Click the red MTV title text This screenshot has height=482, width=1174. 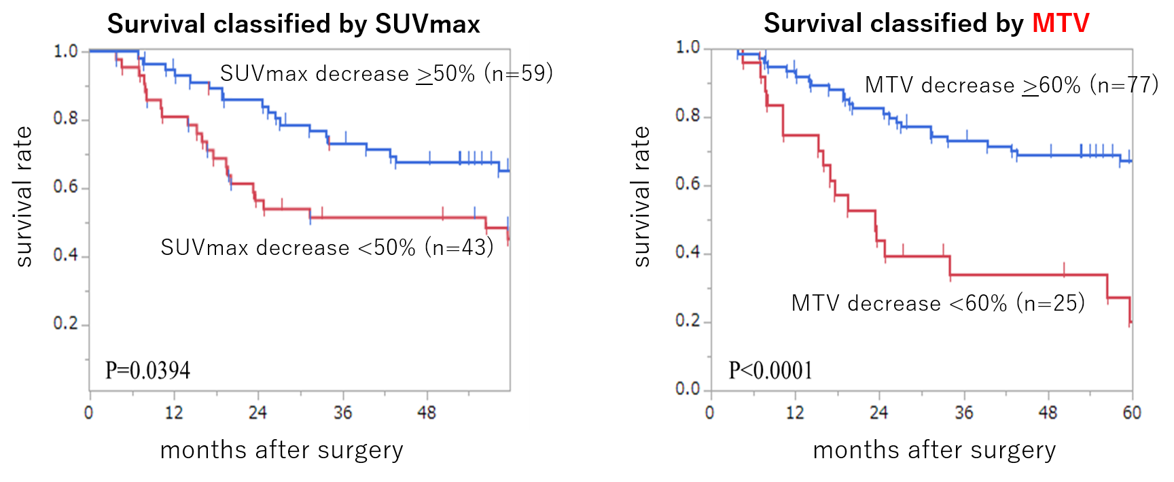coord(1060,24)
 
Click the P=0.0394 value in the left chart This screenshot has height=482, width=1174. coord(147,371)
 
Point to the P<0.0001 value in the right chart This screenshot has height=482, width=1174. coord(770,371)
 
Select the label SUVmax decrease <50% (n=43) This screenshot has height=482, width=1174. coord(327,247)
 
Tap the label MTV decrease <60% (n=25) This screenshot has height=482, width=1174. coord(938,303)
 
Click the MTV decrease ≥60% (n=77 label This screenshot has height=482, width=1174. coord(1007,86)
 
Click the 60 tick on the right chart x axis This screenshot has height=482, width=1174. coord(1132,413)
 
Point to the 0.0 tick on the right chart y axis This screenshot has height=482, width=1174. coord(688,389)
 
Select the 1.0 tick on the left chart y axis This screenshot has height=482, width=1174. coord(66,51)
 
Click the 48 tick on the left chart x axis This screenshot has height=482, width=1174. coord(427,413)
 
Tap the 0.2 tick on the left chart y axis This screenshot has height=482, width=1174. coord(66,324)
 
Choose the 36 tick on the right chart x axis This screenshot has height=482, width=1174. coord(963,413)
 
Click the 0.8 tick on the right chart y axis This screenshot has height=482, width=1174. coord(688,116)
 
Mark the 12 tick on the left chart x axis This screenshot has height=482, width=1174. coord(174,413)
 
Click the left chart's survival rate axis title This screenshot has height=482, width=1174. coord(24,196)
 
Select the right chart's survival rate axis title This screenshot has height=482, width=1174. coord(641,196)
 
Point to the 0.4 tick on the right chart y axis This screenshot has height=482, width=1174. coord(688,252)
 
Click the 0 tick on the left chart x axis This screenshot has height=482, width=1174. coord(89,413)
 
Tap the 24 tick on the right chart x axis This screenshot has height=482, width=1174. coord(879,413)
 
